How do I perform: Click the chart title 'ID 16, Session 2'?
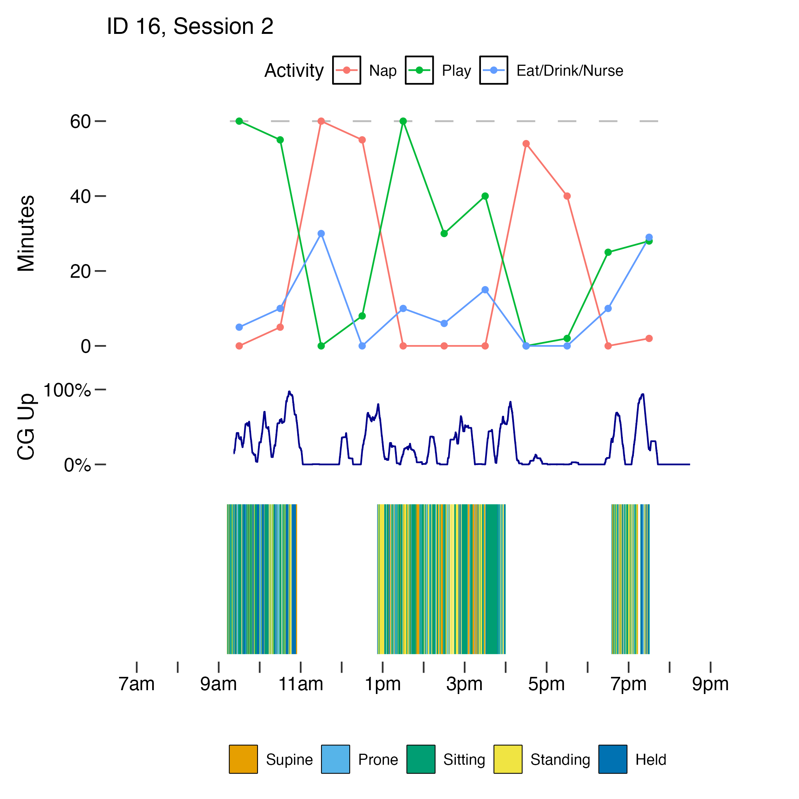click(x=190, y=27)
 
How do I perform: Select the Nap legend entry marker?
click(x=346, y=70)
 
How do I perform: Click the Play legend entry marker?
click(x=419, y=70)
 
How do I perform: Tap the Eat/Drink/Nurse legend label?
click(x=570, y=71)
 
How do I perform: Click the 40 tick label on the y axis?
click(x=80, y=196)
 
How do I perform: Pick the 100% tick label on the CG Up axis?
click(x=67, y=390)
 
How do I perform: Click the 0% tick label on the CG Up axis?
click(x=77, y=466)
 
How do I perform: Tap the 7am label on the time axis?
click(x=137, y=684)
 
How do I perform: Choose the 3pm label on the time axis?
click(x=464, y=684)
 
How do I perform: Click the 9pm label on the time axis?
click(x=710, y=684)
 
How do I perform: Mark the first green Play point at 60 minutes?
click(x=239, y=121)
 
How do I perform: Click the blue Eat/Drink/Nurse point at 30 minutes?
click(x=321, y=234)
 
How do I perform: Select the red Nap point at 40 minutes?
click(x=567, y=196)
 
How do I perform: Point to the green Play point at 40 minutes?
click(x=485, y=196)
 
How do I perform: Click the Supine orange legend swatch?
click(x=243, y=759)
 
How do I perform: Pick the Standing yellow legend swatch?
click(x=508, y=759)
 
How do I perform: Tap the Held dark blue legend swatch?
click(x=613, y=759)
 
